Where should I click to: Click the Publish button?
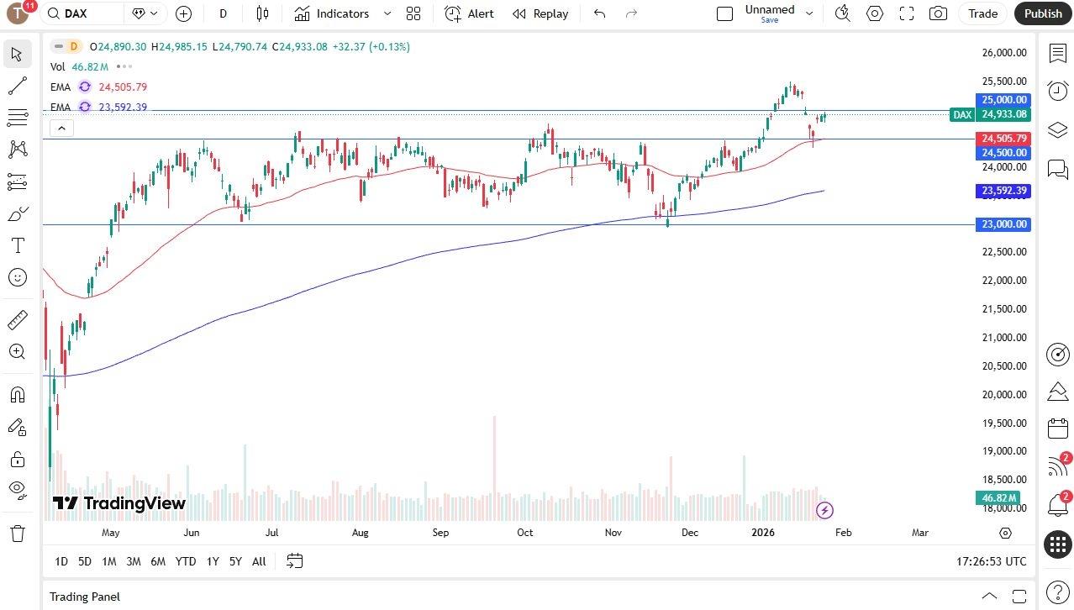point(1043,13)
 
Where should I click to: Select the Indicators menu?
point(333,13)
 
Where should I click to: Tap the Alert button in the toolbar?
point(470,13)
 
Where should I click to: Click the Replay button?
point(540,13)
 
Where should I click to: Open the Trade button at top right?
point(982,13)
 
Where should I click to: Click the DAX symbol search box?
point(84,13)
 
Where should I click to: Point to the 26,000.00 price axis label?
point(1004,53)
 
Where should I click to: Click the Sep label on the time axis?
point(440,533)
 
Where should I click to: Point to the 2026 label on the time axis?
point(762,533)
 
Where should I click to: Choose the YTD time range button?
point(186,561)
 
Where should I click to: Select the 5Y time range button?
point(235,561)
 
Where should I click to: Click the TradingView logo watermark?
point(118,503)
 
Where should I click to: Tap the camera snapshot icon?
point(938,13)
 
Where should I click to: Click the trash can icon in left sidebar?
point(17,533)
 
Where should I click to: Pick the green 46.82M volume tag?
point(998,498)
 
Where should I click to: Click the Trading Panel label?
point(84,597)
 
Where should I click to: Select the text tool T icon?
point(17,245)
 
